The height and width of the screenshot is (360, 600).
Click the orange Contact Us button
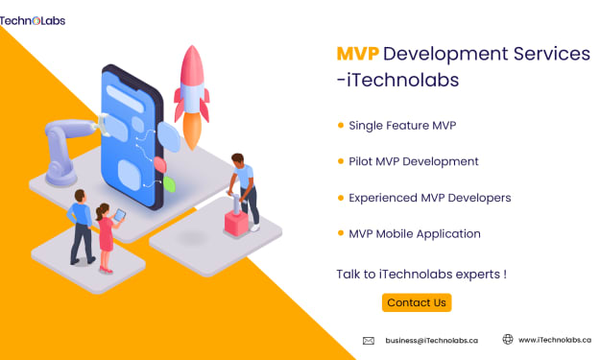[x=417, y=302]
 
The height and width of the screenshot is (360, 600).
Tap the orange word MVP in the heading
[x=358, y=54]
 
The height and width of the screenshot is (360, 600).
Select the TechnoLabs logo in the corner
[x=33, y=21]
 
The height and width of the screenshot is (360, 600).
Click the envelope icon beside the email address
[x=369, y=341]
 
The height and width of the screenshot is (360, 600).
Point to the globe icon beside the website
[x=508, y=339]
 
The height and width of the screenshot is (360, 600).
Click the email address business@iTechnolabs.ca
[x=432, y=341]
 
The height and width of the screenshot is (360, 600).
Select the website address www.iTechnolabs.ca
[x=555, y=340]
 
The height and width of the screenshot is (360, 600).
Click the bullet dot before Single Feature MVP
[x=341, y=125]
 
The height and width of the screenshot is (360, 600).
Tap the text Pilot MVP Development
[x=414, y=162]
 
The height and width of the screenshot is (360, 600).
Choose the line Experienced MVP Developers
[x=430, y=198]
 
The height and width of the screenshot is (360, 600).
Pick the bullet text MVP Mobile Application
[x=415, y=233]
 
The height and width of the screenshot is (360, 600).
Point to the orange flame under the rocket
[x=192, y=130]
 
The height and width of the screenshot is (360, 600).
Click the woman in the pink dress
[x=107, y=238]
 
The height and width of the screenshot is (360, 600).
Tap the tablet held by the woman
[x=120, y=215]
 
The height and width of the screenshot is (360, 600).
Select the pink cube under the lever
[x=236, y=224]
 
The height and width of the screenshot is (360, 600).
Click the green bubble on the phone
[x=169, y=184]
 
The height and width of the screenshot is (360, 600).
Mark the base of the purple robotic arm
[x=61, y=177]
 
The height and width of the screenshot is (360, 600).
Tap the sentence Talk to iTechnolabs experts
[x=421, y=275]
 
